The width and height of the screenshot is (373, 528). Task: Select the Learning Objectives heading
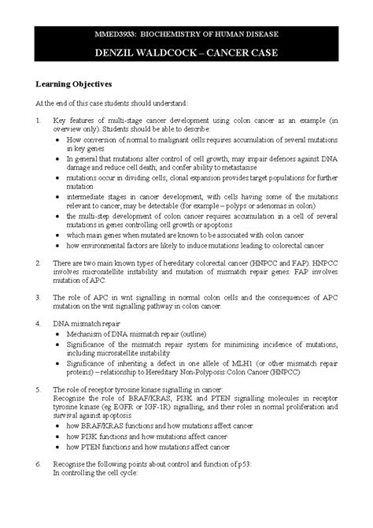coord(72,83)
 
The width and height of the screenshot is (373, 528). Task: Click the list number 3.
coord(28,296)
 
